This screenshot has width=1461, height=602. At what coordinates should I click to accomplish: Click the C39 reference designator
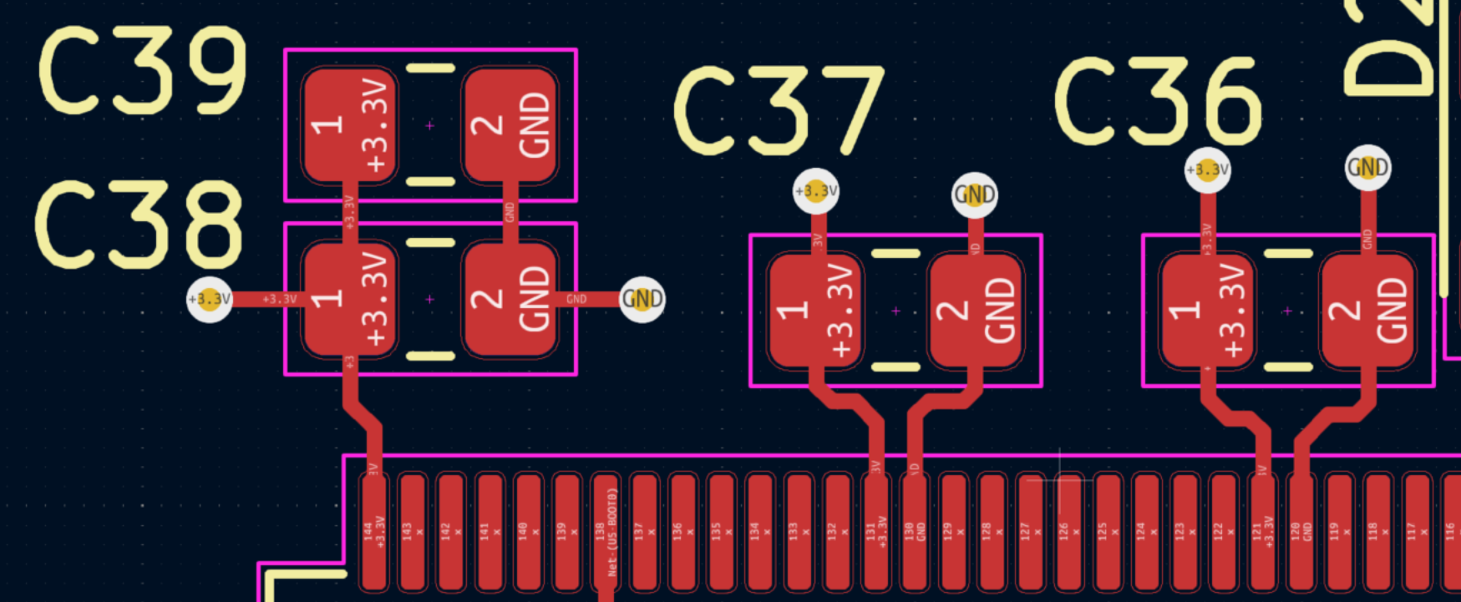click(143, 70)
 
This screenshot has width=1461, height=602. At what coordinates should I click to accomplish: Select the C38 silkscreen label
click(139, 225)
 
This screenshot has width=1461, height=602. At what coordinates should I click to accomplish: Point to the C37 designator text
click(779, 111)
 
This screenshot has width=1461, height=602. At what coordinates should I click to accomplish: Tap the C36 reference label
click(1158, 101)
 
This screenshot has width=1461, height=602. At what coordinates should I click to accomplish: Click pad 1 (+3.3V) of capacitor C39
click(349, 125)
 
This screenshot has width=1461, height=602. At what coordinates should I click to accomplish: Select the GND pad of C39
click(510, 125)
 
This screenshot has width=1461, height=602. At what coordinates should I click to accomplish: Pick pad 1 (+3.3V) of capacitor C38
click(349, 299)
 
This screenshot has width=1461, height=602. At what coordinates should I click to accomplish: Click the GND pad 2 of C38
click(510, 299)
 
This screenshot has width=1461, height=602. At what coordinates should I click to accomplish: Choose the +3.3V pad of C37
click(814, 311)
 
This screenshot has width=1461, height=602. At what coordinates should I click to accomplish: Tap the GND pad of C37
click(975, 311)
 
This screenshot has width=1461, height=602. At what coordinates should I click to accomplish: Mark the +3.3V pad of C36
click(1207, 311)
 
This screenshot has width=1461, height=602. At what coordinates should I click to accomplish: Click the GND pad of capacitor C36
click(1367, 311)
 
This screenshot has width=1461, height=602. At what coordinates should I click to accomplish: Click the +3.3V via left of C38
click(209, 299)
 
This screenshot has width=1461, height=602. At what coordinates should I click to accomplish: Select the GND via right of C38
click(642, 299)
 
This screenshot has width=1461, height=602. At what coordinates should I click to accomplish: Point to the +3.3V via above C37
click(816, 191)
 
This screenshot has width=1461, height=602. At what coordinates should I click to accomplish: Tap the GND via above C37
click(974, 195)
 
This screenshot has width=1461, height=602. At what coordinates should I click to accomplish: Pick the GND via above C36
click(1367, 168)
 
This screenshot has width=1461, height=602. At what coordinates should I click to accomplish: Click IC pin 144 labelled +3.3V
click(373, 531)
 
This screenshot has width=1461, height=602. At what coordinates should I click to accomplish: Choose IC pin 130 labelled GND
click(915, 531)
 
